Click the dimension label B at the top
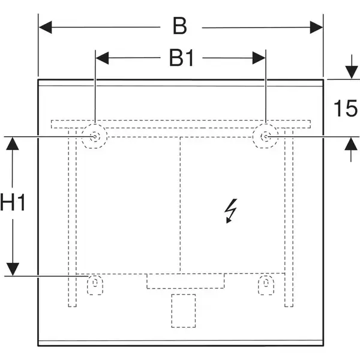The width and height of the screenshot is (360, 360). tap(180, 26)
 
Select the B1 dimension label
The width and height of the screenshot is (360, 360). tap(181, 58)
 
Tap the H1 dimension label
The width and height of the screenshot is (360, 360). tap(13, 203)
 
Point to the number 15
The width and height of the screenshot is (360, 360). tap(346, 108)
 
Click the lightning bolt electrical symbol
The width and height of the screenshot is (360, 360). tap(231, 211)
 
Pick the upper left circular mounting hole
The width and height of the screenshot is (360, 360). tap(95, 136)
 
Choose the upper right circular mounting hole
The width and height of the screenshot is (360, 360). tap(265, 136)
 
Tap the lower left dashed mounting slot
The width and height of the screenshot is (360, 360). tap(95, 284)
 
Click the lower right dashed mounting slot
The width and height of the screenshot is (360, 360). tap(266, 284)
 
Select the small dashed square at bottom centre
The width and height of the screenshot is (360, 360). tap(184, 311)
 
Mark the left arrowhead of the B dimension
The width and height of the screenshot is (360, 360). tap(46, 27)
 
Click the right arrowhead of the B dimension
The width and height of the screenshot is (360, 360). tap(316, 27)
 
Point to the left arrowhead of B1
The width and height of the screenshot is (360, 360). tap(102, 58)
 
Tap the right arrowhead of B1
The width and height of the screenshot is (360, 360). tap(259, 58)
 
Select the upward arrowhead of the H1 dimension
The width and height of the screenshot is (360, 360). tap(13, 144)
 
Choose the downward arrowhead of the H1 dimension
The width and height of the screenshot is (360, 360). tap(13, 269)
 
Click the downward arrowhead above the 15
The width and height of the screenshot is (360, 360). tap(351, 72)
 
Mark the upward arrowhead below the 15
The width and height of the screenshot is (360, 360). tap(351, 144)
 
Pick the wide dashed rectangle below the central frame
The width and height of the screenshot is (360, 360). tap(185, 281)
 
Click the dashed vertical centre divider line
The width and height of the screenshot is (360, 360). tap(180, 205)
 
